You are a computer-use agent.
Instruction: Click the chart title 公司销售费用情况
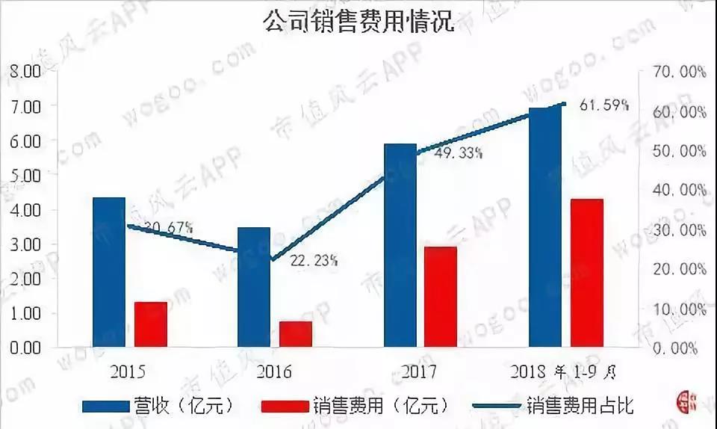359,20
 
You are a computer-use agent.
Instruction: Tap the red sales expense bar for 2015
151,324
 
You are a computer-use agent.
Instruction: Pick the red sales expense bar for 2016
296,334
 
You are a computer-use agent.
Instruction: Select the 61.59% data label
604,105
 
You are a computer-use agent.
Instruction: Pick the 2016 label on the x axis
274,371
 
